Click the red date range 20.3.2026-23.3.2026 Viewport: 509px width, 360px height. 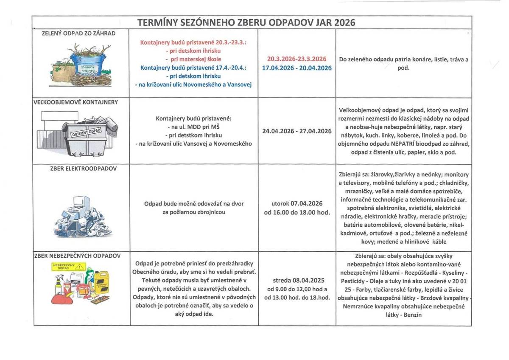[296, 59]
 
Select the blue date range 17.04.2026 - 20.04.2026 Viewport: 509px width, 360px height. [296, 68]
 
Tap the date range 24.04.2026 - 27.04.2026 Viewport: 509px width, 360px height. [296, 131]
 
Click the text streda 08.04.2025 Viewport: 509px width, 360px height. [296, 281]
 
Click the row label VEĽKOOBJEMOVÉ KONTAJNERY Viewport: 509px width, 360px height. [76, 102]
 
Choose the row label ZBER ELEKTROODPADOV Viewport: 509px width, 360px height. [83, 168]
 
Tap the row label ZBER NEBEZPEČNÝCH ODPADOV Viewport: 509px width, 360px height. [78, 256]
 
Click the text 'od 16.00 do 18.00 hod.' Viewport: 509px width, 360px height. [296, 212]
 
